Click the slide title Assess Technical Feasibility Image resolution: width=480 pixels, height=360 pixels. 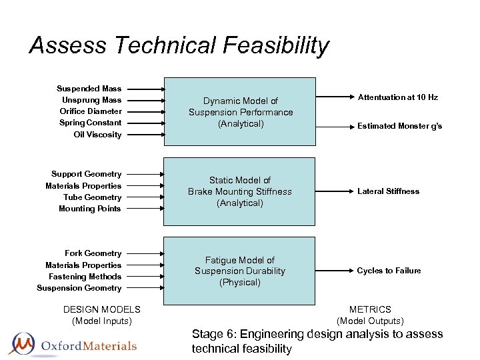(x=179, y=45)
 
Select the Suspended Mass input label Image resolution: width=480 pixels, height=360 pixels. (x=89, y=88)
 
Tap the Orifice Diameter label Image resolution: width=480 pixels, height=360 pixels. (x=91, y=111)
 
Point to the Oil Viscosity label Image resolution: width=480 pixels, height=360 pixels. (x=97, y=135)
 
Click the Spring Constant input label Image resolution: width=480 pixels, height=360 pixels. (x=91, y=123)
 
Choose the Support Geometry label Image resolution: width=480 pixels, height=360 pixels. (x=87, y=174)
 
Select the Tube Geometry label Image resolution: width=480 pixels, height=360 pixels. (x=92, y=197)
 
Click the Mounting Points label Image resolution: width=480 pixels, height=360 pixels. (x=90, y=209)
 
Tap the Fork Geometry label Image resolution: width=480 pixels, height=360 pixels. (x=93, y=253)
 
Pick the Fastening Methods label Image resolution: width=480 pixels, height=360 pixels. (x=85, y=277)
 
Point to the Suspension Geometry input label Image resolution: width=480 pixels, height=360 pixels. (x=79, y=288)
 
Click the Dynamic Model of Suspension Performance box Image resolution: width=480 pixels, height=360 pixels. (x=240, y=112)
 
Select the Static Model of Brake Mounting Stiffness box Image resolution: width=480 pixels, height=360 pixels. (x=240, y=191)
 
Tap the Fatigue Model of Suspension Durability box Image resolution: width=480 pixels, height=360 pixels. (x=240, y=271)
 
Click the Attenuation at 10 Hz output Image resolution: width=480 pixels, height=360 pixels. (x=397, y=97)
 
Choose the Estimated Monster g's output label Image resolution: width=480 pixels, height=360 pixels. (x=399, y=126)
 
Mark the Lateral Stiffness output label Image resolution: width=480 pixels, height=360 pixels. (x=389, y=191)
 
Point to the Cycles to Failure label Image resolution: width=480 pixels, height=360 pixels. (x=389, y=271)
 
